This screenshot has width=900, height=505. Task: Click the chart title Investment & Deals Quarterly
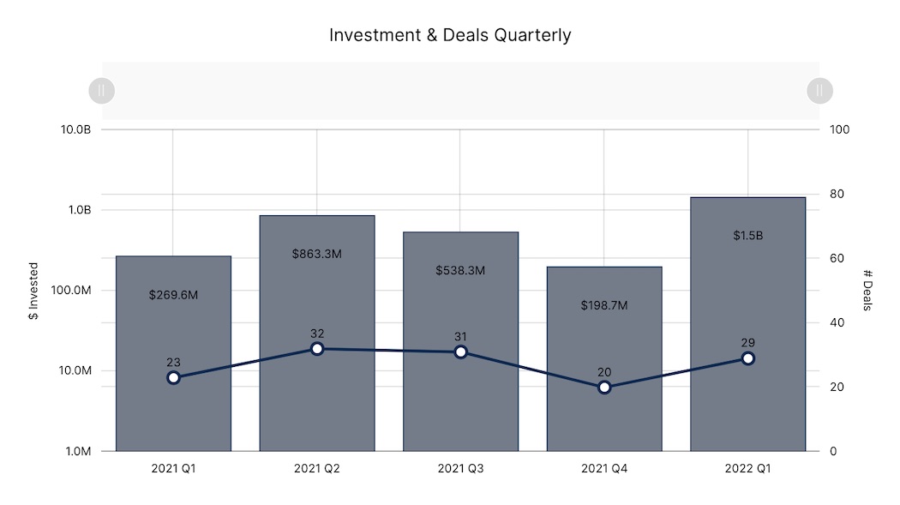450,35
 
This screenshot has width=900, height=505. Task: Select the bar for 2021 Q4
604,412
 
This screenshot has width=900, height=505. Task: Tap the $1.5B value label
747,236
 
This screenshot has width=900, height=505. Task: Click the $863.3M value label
316,254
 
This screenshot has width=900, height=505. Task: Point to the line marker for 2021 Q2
317,349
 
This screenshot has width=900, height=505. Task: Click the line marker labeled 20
604,388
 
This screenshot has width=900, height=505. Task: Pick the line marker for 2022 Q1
748,358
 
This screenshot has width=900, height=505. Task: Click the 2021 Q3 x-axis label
460,469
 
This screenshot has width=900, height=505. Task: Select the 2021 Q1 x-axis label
173,469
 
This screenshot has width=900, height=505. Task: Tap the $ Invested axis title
33,291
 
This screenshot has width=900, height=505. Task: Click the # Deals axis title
867,291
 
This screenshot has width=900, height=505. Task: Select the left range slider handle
101,90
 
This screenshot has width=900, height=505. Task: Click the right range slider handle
819,90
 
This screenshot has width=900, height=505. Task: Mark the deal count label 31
460,337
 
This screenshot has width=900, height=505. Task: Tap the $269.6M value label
173,294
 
